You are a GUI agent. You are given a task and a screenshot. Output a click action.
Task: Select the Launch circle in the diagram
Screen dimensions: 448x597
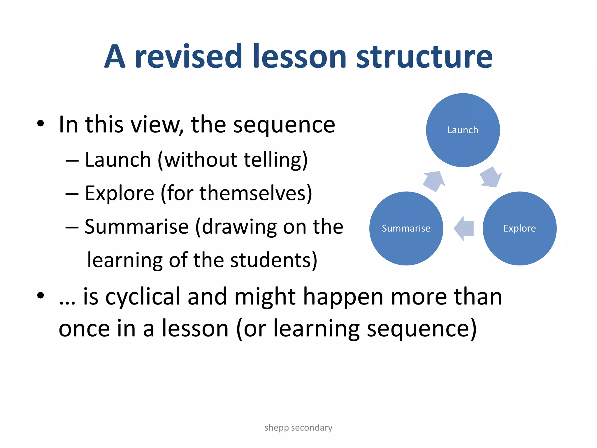tap(463, 130)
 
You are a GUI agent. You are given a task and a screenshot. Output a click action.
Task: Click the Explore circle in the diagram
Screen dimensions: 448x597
tap(519, 228)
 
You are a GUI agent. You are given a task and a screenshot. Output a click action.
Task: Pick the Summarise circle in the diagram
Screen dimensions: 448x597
tap(406, 228)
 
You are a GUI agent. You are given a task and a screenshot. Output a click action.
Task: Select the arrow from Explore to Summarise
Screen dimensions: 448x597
tap(464, 228)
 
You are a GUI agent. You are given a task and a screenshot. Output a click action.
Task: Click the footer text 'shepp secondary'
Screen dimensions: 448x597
tap(298, 428)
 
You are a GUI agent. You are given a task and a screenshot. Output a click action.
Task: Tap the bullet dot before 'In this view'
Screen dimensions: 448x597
tap(41, 124)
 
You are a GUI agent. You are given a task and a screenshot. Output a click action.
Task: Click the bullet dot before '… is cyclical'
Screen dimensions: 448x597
tap(41, 295)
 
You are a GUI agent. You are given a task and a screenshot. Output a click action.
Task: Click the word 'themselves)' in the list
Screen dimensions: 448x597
tap(256, 193)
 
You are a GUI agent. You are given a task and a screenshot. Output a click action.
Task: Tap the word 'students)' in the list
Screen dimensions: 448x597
tap(273, 260)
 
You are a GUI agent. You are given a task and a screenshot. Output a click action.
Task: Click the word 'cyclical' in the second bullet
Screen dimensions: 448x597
tap(143, 297)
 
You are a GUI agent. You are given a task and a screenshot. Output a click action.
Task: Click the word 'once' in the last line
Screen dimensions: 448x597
tap(84, 329)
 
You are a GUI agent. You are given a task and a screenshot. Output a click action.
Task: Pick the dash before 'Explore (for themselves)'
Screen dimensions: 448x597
tap(72, 194)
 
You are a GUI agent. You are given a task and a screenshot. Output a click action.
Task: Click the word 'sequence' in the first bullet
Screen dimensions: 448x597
tap(284, 125)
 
